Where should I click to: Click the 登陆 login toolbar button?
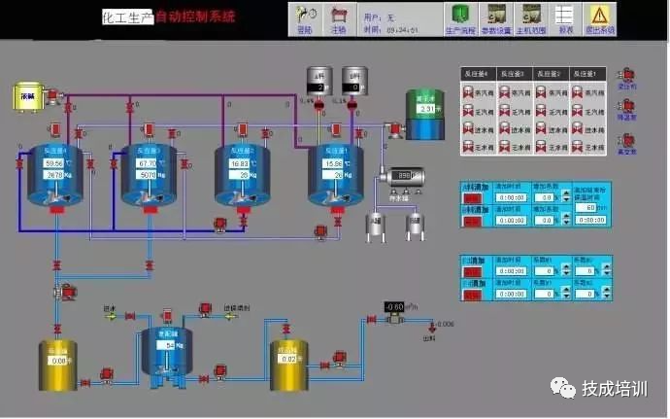[x=306, y=18]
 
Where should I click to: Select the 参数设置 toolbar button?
[x=496, y=18]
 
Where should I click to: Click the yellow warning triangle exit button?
[x=600, y=18]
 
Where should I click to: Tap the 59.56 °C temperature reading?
[x=53, y=164]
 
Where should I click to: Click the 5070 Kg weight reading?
[x=146, y=176]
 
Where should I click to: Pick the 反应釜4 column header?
[x=476, y=74]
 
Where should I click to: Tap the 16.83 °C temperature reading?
[x=240, y=164]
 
